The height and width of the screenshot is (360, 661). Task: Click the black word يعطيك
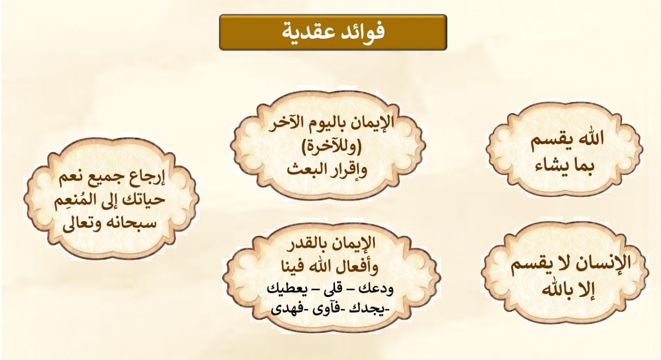287,288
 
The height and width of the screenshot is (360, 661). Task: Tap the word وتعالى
81,222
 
